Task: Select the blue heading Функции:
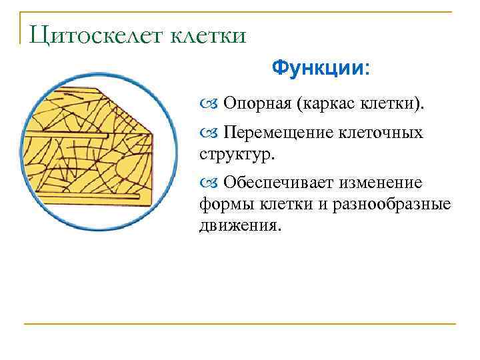322,69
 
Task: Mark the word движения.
236,225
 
